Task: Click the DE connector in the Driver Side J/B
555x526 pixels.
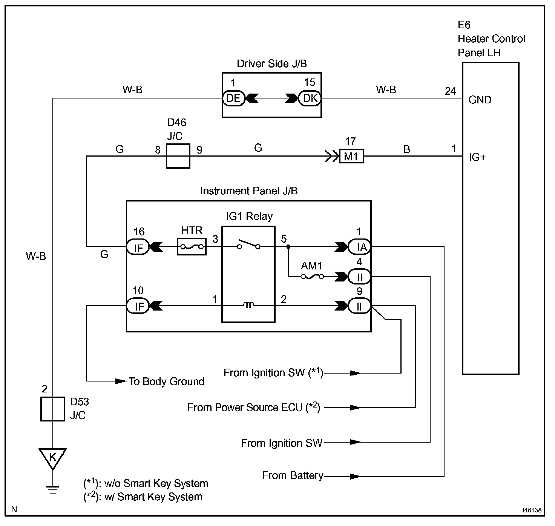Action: [233, 98]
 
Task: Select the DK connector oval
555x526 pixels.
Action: [310, 98]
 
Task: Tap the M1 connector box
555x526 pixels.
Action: [351, 156]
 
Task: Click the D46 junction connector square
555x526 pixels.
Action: [178, 156]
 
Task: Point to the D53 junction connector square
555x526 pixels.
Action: [53, 409]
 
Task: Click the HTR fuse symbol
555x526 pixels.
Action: [192, 247]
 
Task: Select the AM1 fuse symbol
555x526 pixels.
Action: [312, 277]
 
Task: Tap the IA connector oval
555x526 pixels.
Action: [359, 247]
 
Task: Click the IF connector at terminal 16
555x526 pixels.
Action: [138, 247]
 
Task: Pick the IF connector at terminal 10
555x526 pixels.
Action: [138, 306]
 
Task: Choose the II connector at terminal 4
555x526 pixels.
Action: [359, 277]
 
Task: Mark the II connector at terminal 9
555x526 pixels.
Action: [359, 306]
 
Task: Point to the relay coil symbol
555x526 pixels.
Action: [248, 305]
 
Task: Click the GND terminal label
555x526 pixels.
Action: [480, 100]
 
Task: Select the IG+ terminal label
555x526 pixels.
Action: [477, 157]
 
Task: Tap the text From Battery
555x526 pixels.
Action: [293, 475]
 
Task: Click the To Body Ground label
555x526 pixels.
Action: [167, 381]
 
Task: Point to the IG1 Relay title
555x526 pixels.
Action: [249, 216]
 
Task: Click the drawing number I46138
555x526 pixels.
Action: [532, 510]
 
